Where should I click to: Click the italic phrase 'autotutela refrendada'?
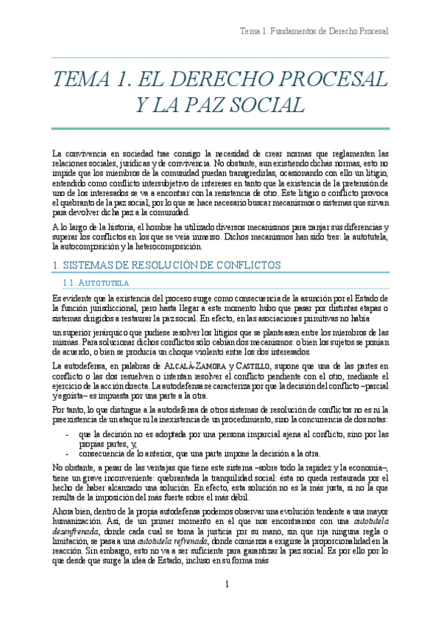[x=174, y=522]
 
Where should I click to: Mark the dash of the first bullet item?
[x=68, y=435]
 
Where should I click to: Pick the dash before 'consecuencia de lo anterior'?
[x=68, y=453]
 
